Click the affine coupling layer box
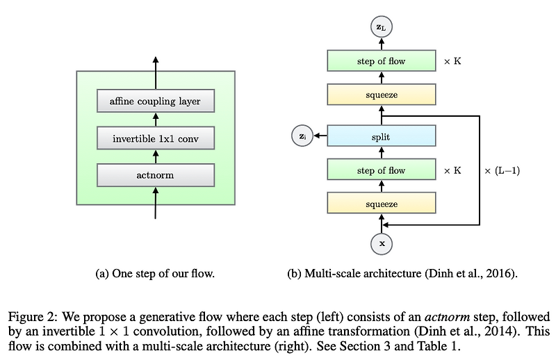coord(155,101)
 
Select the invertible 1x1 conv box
coord(155,138)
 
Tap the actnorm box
coord(155,174)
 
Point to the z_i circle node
coord(302,137)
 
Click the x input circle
coord(381,244)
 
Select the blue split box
coord(381,137)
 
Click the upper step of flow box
coord(381,61)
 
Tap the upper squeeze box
coord(381,95)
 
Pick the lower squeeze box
coord(381,204)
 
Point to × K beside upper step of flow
coord(452,61)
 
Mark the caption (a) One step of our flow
coord(154,274)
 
